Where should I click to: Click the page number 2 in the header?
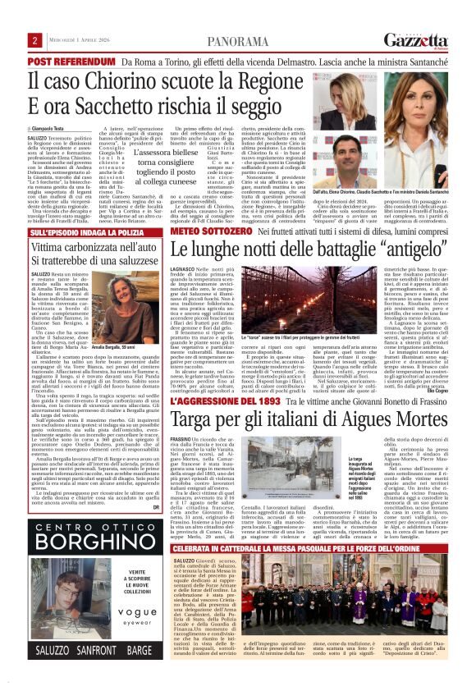pos(36,41)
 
